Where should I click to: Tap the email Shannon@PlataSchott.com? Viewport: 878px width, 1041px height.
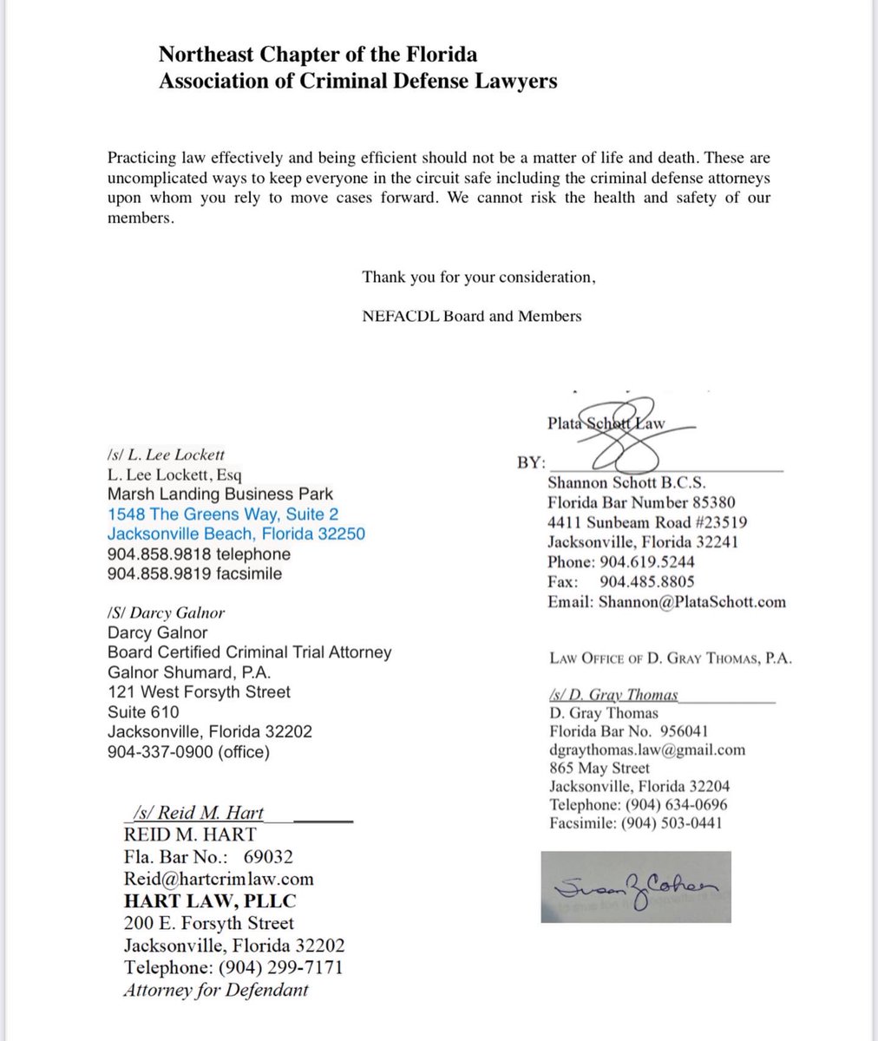point(666,601)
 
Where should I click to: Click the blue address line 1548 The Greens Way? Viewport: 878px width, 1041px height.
point(223,514)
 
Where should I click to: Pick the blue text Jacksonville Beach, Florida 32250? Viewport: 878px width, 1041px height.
point(236,534)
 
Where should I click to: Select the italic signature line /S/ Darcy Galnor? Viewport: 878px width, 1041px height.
point(166,612)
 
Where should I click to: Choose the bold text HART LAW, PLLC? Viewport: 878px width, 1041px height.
point(209,900)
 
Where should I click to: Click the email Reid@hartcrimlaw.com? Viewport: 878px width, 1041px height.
point(219,879)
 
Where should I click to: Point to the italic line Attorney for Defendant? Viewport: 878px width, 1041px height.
point(216,990)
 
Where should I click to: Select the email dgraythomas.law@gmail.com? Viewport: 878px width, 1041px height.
point(647,750)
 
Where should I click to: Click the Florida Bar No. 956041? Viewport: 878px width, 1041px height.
point(635,731)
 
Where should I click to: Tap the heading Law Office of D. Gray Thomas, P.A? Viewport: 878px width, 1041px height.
point(671,658)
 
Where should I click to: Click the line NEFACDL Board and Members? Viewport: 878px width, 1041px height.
point(472,316)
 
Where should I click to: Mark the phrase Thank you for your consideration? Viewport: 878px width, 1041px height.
point(479,278)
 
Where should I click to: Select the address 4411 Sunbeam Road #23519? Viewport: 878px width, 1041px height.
point(647,522)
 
